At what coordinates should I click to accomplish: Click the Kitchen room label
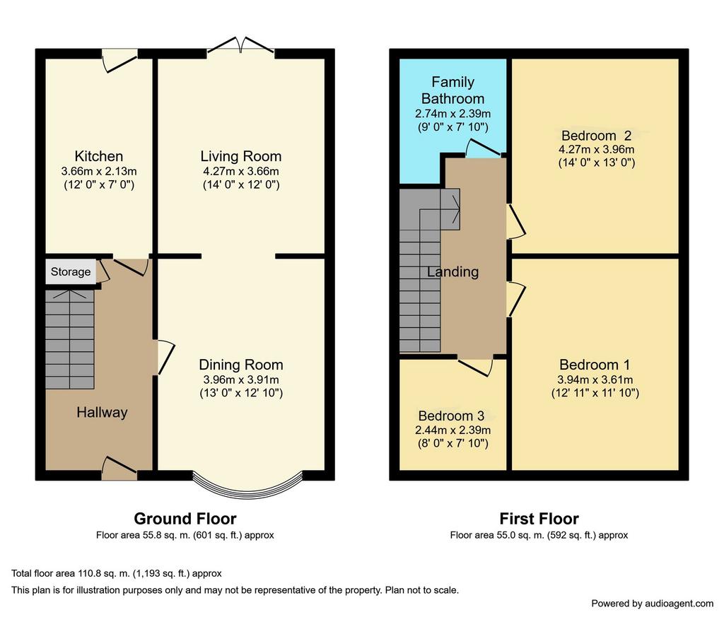[x=99, y=156]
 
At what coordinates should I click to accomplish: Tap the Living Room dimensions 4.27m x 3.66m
[x=240, y=172]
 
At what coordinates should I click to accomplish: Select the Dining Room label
[x=240, y=365]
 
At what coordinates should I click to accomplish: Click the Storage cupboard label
[x=71, y=271]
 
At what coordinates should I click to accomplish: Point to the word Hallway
[x=102, y=412]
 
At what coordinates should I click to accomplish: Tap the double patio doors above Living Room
[x=240, y=45]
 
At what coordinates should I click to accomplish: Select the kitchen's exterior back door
[x=119, y=61]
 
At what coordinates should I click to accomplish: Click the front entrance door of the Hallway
[x=119, y=468]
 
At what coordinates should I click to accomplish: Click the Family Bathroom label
[x=452, y=90]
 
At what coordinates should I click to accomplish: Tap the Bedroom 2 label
[x=596, y=136]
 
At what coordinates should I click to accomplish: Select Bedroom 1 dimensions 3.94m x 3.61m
[x=595, y=380]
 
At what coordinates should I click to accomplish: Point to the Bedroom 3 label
[x=451, y=416]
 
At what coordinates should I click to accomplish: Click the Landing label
[x=452, y=272]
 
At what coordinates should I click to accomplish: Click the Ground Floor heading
[x=185, y=519]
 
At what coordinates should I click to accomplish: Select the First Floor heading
[x=539, y=519]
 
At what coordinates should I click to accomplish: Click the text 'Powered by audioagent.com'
[x=653, y=603]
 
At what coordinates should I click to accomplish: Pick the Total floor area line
[x=117, y=574]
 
